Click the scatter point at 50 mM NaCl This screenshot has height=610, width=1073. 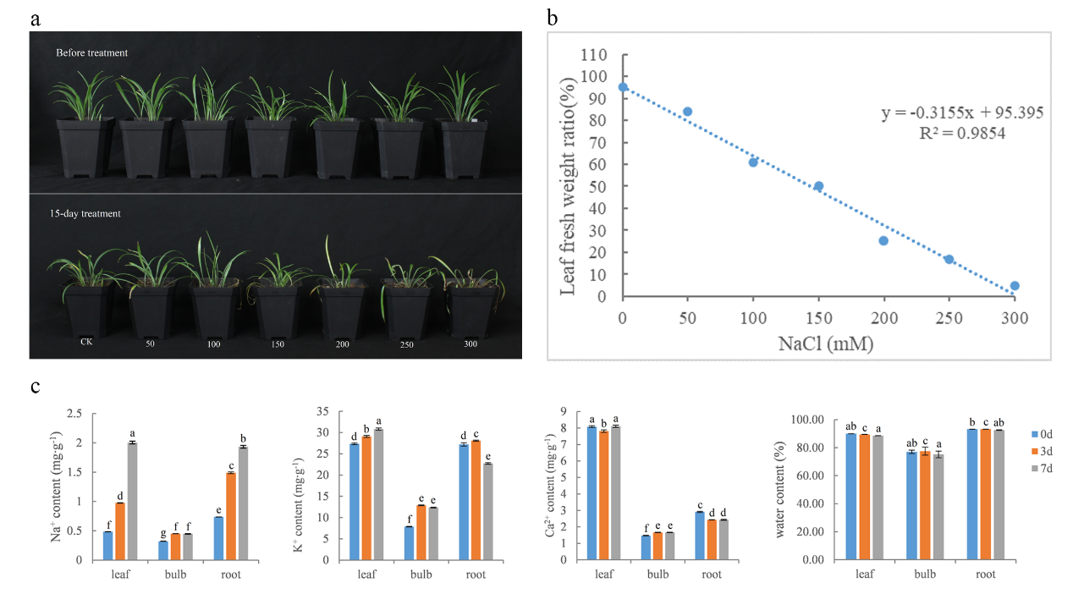(x=687, y=112)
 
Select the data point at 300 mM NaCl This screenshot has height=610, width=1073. (x=1015, y=286)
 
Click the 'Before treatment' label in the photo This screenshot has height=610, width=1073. (x=91, y=53)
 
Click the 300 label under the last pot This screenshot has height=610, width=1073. (x=470, y=345)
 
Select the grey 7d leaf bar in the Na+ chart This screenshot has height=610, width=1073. (x=132, y=501)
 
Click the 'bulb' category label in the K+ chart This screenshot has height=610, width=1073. (x=421, y=575)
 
